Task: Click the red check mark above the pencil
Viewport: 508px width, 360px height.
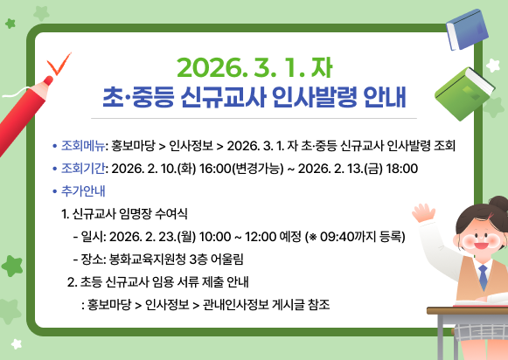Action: [x=59, y=64]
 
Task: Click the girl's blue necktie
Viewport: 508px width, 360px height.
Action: [x=483, y=278]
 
